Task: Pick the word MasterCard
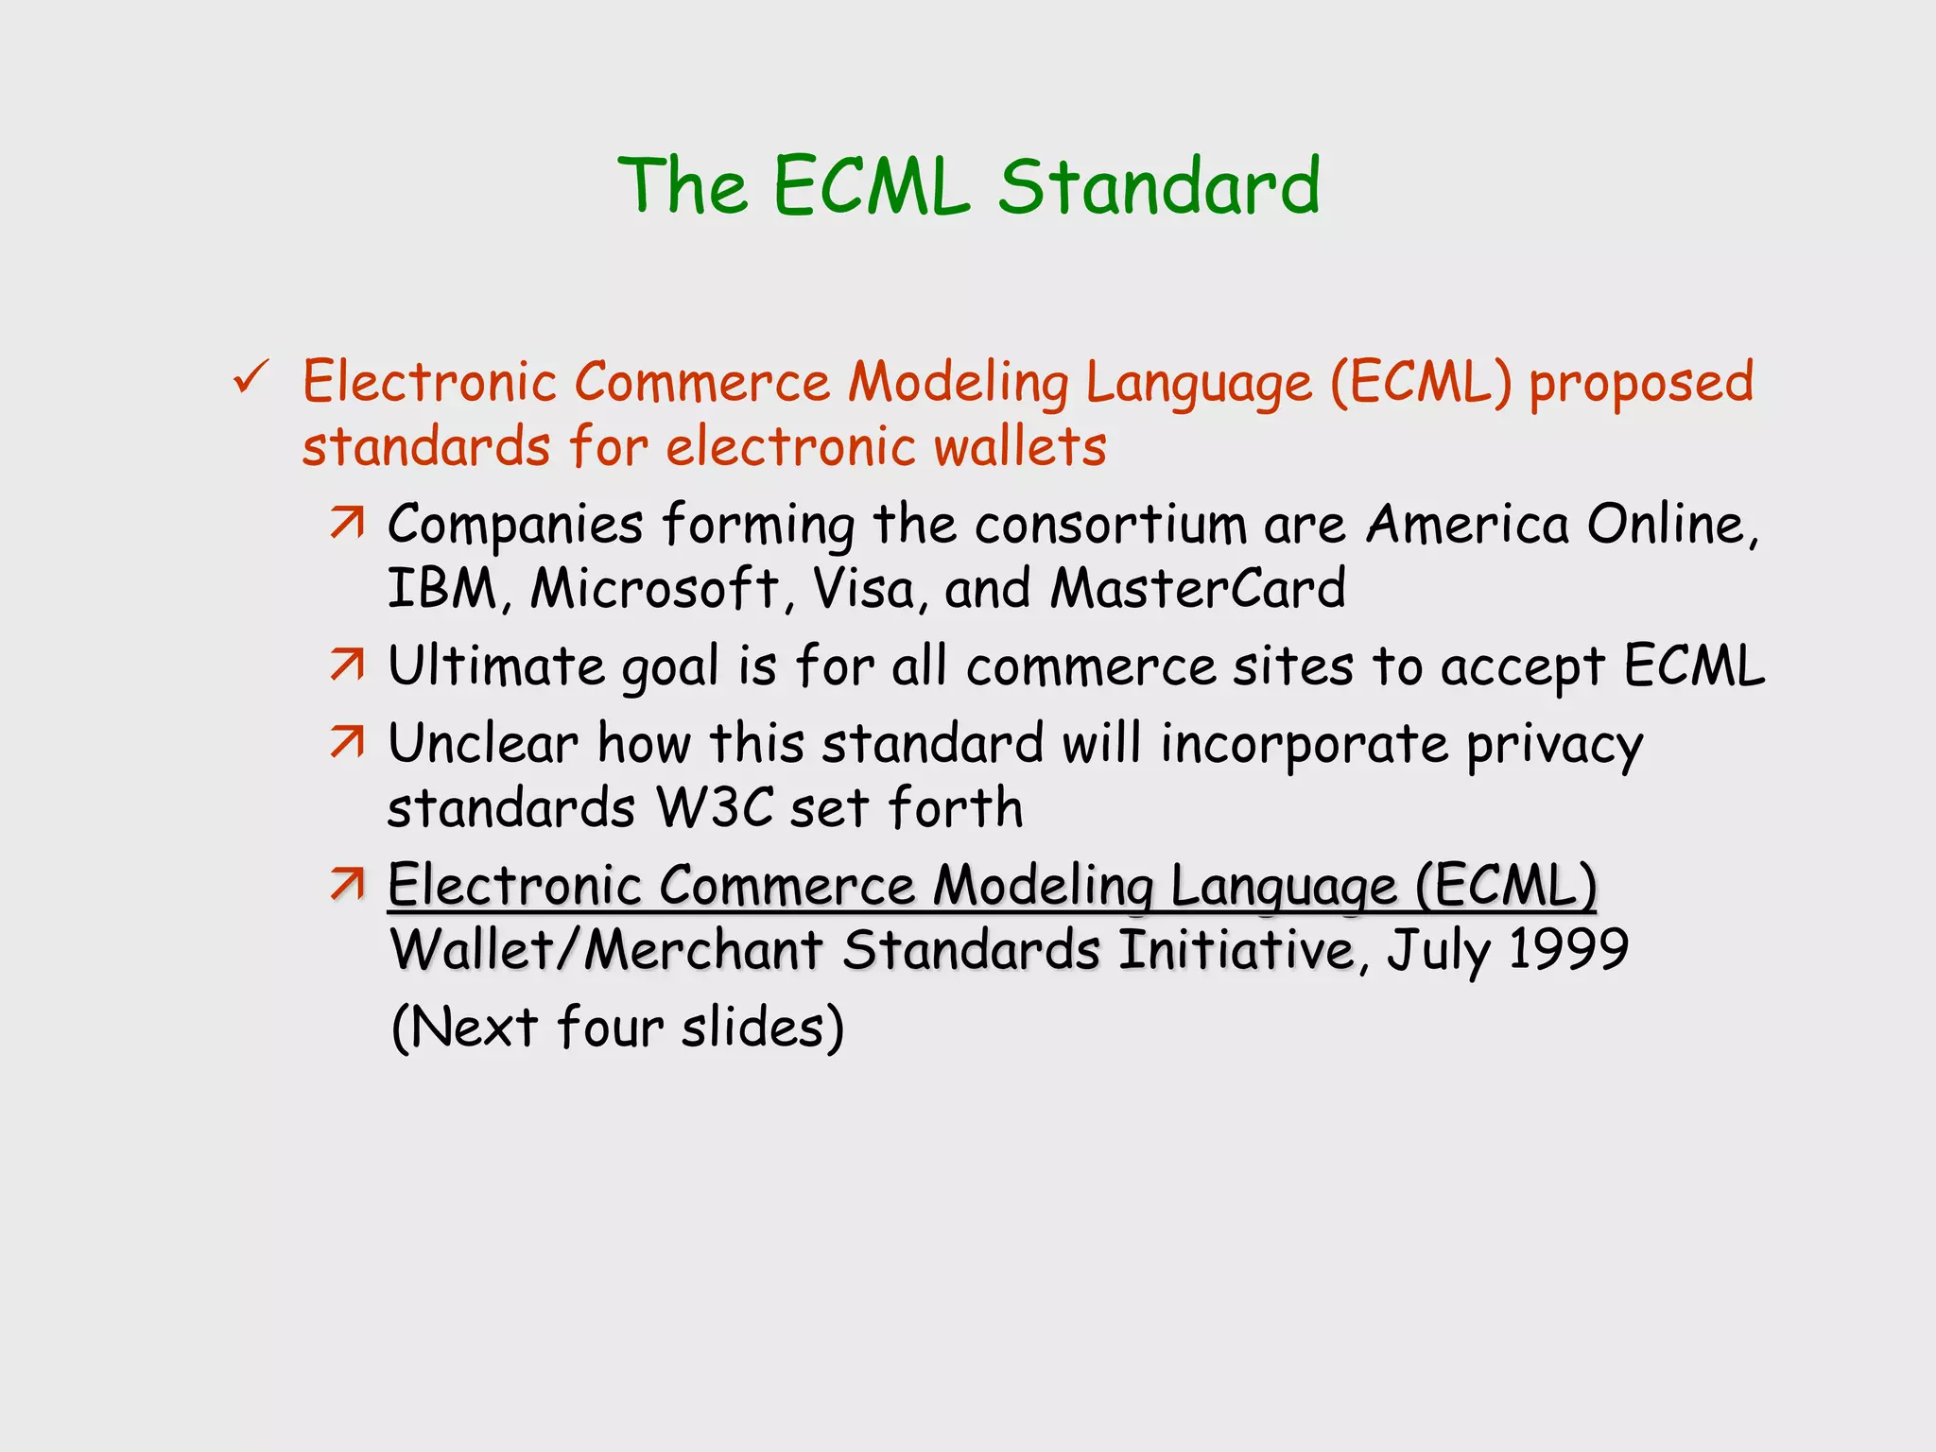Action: [1199, 588]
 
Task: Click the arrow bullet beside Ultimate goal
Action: [347, 665]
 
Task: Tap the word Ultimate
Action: [496, 665]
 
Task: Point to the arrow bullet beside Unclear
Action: [347, 743]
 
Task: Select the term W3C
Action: [715, 809]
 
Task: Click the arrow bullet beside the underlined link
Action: [347, 885]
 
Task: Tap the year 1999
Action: [1568, 949]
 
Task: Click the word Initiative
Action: [1236, 949]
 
